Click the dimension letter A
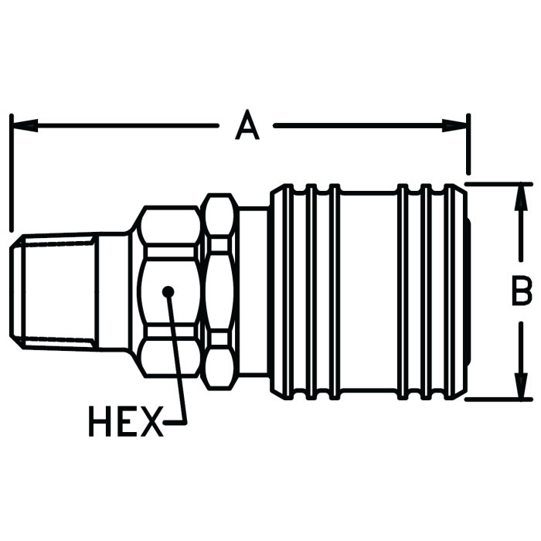point(247,125)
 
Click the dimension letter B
point(522,292)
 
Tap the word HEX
point(124,423)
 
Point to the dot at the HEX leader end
point(168,291)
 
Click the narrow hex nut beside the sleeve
point(220,291)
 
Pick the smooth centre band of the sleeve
point(369,291)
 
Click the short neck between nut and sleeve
point(252,291)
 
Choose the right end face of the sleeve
point(469,291)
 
